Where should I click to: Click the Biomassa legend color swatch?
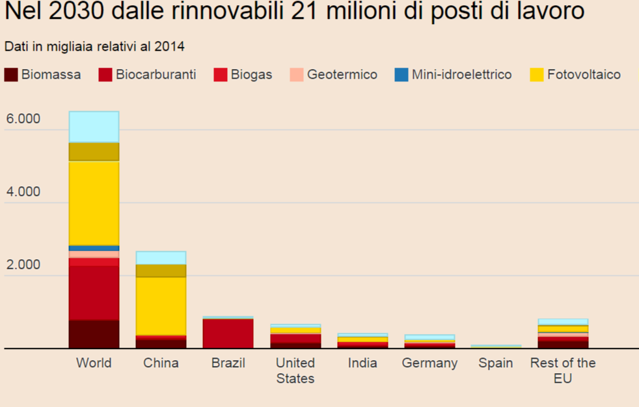[x=10, y=75]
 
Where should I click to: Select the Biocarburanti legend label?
[x=156, y=75]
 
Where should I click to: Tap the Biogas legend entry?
[x=251, y=75]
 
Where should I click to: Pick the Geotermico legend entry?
[x=342, y=75]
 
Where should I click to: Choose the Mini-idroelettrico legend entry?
[x=461, y=75]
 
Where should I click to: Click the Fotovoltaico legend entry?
[x=584, y=75]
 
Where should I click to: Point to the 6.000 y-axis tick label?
[x=23, y=119]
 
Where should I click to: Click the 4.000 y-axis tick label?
[x=23, y=192]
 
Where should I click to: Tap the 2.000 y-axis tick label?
[x=23, y=265]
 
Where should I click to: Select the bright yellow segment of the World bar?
[x=94, y=203]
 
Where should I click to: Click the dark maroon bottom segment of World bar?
[x=94, y=334]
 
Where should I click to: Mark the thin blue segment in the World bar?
[x=94, y=248]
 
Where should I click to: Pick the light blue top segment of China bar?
[x=161, y=258]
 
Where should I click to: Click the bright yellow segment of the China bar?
[x=161, y=306]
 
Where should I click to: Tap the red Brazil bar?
[x=228, y=333]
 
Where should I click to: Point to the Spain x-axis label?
[x=496, y=363]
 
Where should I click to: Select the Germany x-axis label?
[x=429, y=363]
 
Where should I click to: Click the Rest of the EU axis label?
[x=563, y=371]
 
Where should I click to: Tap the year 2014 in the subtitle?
[x=171, y=46]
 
